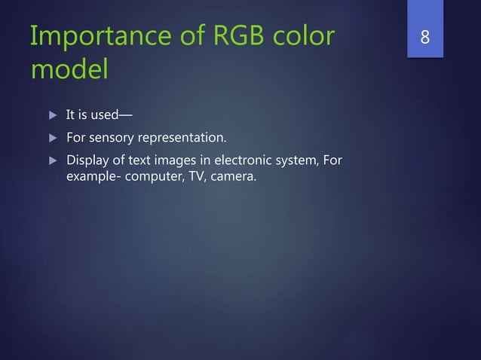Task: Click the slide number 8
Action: (x=425, y=36)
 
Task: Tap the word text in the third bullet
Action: (x=133, y=160)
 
